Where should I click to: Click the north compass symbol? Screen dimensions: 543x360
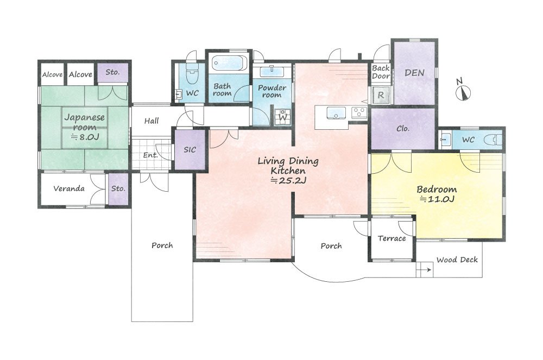point(463,90)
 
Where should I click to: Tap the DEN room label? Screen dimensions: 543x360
point(414,73)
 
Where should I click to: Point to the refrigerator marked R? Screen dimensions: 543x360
point(381,94)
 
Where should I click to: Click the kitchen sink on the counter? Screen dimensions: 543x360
point(336,113)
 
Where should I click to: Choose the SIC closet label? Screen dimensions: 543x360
point(190,149)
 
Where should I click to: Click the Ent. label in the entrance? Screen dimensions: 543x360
point(150,155)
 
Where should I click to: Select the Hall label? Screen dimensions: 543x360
point(151,121)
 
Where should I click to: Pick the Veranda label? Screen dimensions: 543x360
point(69,188)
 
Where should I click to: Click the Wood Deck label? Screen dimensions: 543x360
point(457,260)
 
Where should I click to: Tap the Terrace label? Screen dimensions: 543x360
point(392,238)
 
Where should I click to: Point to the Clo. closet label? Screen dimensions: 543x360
point(403,129)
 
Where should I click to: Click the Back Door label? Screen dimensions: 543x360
point(381,72)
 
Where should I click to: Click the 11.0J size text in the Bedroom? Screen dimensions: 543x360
point(437,199)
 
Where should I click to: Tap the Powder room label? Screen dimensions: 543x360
point(272,91)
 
